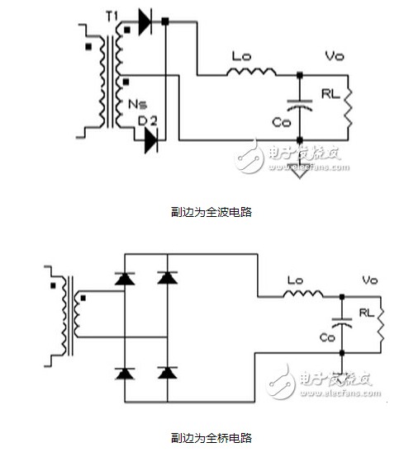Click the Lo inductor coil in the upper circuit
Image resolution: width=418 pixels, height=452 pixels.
coord(252,73)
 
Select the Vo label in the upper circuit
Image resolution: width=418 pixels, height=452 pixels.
coord(334,58)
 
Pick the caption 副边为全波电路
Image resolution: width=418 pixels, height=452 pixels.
coord(208,212)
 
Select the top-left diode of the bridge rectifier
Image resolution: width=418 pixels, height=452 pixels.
coord(125,279)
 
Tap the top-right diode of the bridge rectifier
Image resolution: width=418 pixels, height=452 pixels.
coord(169,279)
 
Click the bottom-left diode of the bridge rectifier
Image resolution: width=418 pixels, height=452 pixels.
coord(125,373)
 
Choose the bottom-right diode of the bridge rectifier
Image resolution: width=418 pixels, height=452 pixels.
coord(169,373)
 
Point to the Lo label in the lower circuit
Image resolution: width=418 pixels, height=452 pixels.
coord(295,280)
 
